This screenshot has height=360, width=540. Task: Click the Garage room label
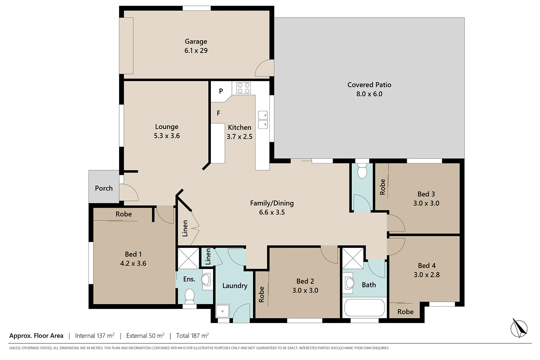point(196,41)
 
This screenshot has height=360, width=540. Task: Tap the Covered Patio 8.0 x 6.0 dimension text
point(369,94)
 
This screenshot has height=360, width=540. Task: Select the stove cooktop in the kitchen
point(243,88)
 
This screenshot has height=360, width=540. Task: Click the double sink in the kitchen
point(263,120)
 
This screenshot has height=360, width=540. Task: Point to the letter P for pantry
point(221,91)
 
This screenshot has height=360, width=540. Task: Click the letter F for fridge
point(219,113)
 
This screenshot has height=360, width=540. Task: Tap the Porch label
point(104,188)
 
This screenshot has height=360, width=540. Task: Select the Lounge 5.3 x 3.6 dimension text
point(167,136)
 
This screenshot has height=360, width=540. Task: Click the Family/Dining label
point(272,203)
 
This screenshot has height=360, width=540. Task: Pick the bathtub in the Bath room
point(364,308)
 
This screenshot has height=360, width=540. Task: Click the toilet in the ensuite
point(189,296)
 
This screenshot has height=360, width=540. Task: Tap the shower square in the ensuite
point(188,258)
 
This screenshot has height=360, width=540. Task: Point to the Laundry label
point(235,286)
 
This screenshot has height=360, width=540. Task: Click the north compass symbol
point(519,328)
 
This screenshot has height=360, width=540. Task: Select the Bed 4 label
point(427,265)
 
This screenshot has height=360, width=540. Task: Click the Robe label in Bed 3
point(382,187)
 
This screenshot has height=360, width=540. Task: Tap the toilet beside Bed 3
point(362,171)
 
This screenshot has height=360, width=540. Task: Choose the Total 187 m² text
point(192,336)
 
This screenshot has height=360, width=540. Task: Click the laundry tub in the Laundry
point(222,311)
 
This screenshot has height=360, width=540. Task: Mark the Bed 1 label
point(133,254)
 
